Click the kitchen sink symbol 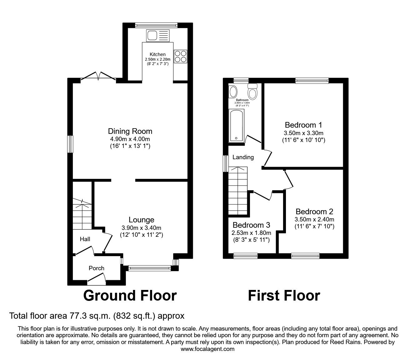157,35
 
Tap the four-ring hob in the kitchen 180,57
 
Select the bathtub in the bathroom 237,126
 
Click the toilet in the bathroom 252,91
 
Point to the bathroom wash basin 233,92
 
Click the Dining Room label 130,131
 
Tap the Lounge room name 142,220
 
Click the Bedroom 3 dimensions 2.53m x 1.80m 251,233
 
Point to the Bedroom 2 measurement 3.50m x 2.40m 314,219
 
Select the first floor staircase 237,191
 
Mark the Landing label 243,157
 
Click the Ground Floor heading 130,295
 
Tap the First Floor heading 284,295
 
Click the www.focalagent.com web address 207,349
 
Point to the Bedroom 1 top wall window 312,80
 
